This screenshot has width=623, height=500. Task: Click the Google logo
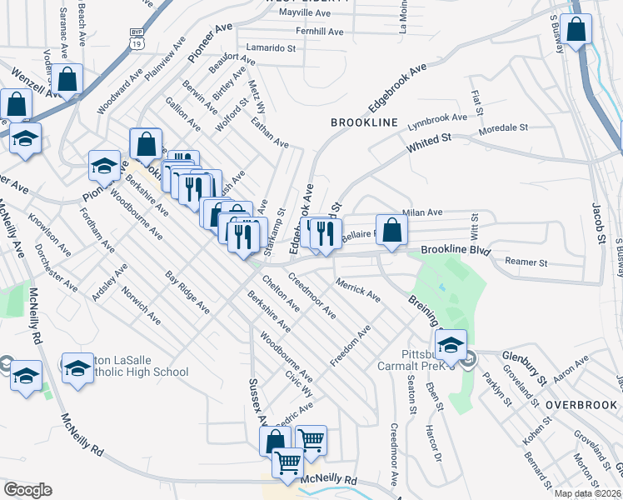pos(27,490)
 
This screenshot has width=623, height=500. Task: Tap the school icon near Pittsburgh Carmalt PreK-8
pos(451,344)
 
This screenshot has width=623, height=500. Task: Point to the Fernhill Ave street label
pos(312,32)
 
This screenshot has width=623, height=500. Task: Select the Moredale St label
pos(503,129)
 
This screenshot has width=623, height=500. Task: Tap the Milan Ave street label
pos(422,213)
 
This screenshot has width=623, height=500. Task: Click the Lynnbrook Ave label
pos(437,122)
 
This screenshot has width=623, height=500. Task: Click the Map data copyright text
pos(588,492)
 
